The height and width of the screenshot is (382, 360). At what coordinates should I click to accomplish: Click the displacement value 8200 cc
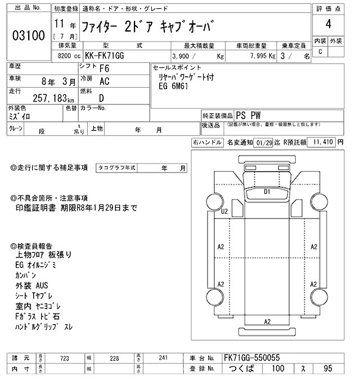click(x=69, y=56)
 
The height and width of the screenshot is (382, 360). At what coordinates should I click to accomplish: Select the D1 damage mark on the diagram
click(x=267, y=192)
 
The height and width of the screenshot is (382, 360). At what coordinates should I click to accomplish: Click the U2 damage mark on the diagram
click(x=224, y=211)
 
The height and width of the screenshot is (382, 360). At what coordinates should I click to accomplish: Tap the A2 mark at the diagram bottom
click(x=267, y=321)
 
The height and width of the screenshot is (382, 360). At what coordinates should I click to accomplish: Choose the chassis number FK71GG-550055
click(x=251, y=358)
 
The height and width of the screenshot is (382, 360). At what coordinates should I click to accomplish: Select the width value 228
click(x=114, y=358)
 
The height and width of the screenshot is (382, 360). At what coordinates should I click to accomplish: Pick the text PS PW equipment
click(x=248, y=114)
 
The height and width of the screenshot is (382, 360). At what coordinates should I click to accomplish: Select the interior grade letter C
click(x=321, y=52)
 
